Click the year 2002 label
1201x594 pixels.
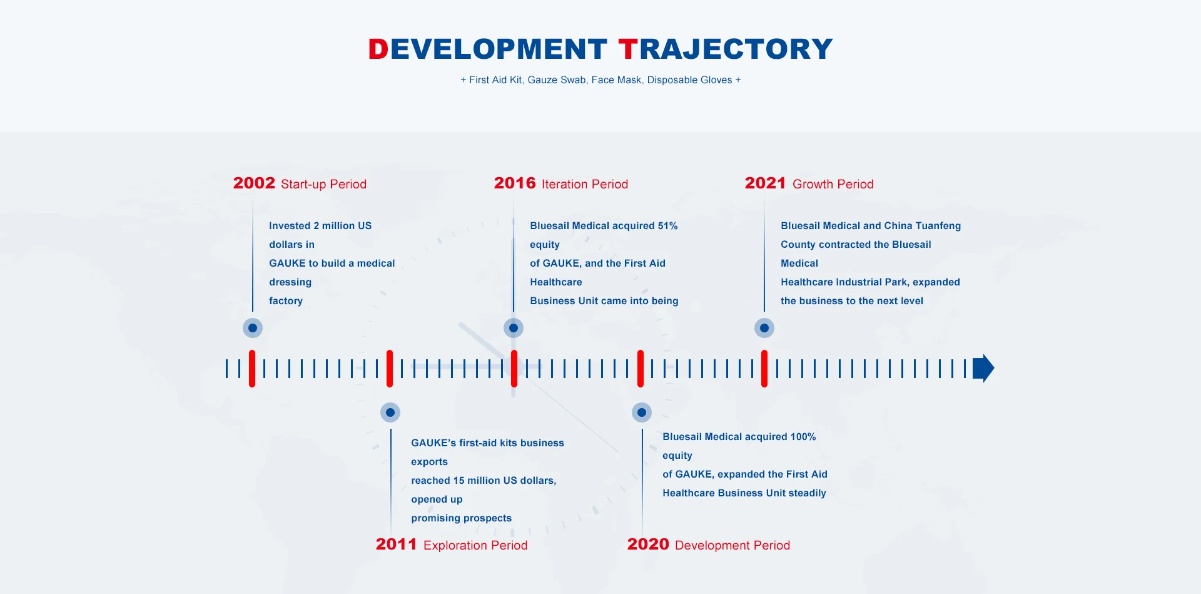point(254,183)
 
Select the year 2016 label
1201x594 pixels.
point(515,183)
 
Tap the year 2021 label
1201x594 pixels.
point(765,183)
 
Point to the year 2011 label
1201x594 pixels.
point(396,544)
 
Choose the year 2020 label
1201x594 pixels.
point(648,544)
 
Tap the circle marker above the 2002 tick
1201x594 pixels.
point(253,328)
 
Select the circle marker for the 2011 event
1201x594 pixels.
point(390,412)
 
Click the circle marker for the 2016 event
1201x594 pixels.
point(514,328)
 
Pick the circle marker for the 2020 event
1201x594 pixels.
point(642,412)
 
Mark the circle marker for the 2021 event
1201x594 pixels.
point(764,328)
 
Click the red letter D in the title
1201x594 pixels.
point(378,49)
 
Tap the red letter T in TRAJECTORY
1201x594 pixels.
point(628,49)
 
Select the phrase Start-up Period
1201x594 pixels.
point(324,184)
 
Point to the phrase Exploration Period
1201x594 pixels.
point(475,545)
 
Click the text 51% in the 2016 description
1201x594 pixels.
point(667,226)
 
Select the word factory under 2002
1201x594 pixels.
point(286,301)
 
